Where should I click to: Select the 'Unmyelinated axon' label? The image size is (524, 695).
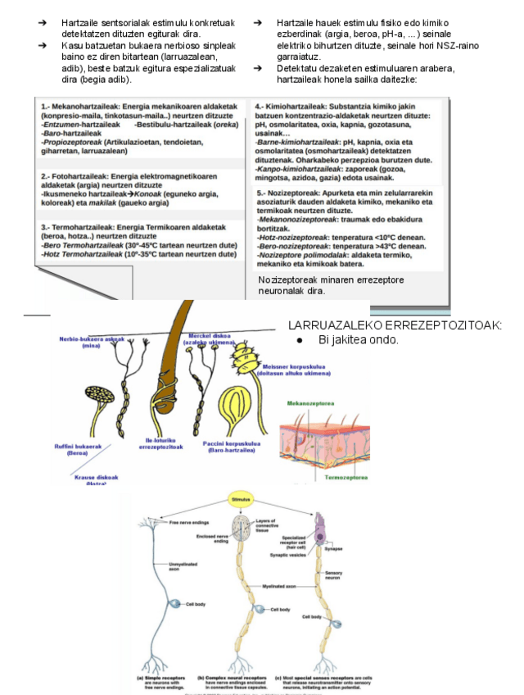coord(182,566)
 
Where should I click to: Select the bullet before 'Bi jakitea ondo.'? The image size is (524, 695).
coord(300,338)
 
